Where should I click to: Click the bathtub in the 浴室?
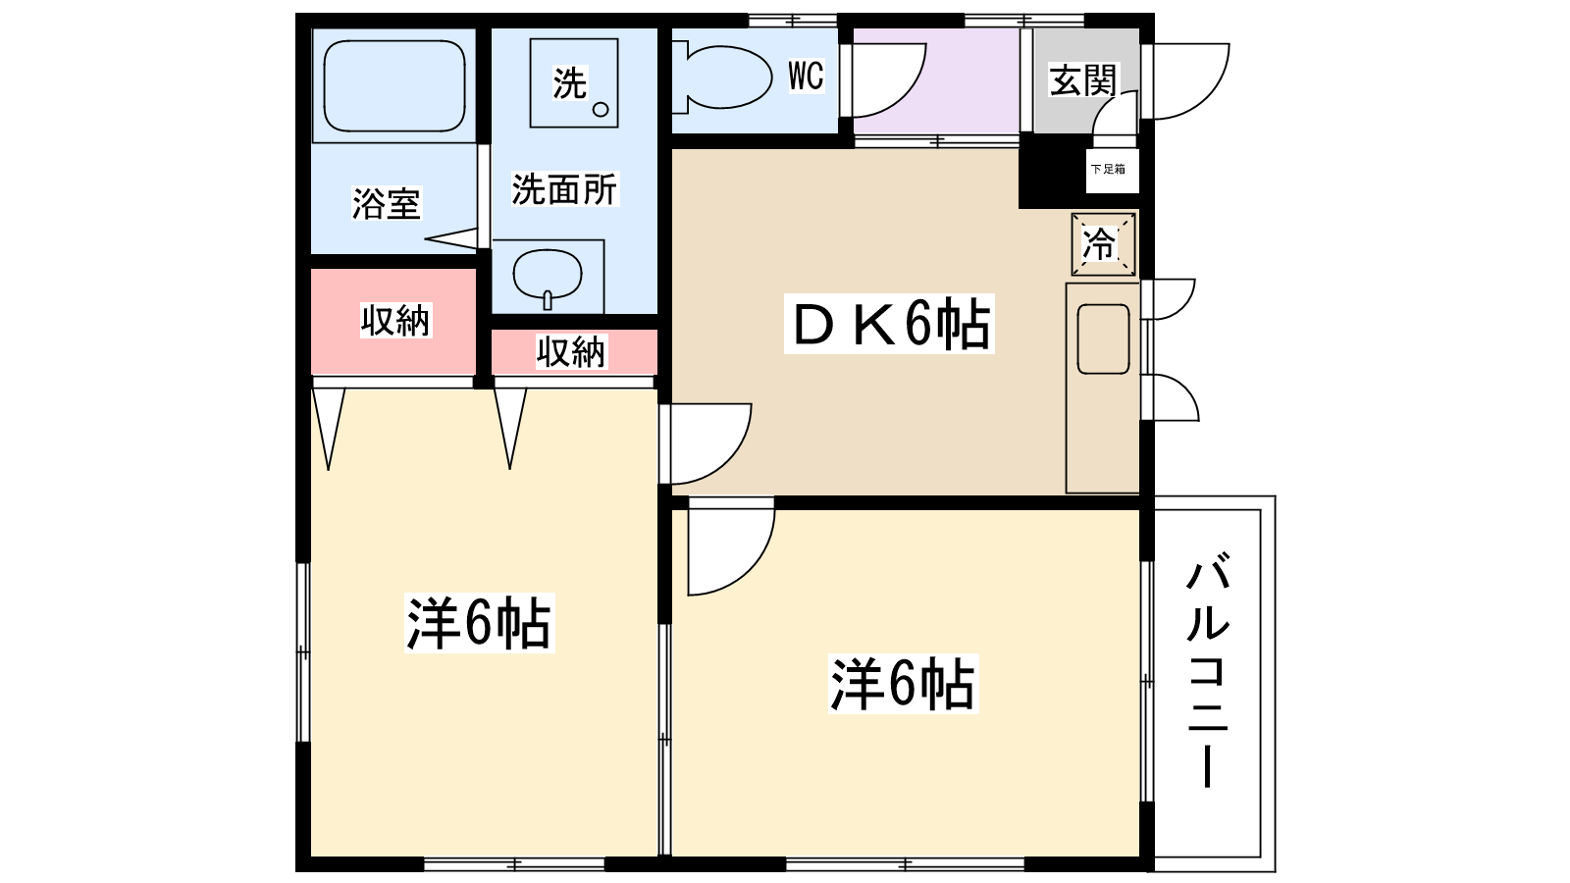tap(393, 85)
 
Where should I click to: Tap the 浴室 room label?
tap(386, 204)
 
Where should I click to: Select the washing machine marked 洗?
tap(573, 83)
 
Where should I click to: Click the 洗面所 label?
tap(564, 189)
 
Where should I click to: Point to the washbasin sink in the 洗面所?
tap(548, 275)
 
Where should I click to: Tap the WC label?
tap(806, 76)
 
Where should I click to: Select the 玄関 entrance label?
tap(1082, 80)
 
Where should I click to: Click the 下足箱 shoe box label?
tap(1108, 169)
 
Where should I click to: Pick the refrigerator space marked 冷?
tap(1103, 244)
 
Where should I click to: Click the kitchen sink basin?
tap(1103, 339)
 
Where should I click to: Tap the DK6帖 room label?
tap(889, 324)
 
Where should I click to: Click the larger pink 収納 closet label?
tap(395, 320)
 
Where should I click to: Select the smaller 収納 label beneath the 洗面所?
tap(570, 351)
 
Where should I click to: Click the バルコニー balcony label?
tap(1208, 670)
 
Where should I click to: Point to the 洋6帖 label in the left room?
tap(480, 623)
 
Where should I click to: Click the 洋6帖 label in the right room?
tap(903, 684)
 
